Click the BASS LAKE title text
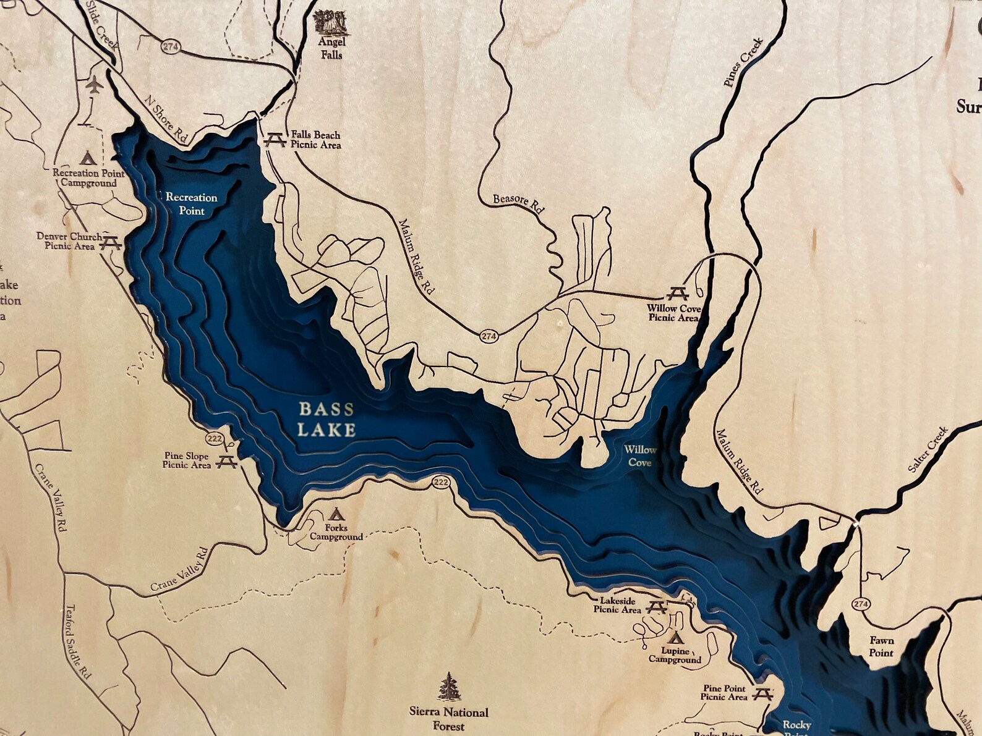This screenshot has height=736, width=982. (327, 419)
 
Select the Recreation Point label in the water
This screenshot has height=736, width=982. (191, 203)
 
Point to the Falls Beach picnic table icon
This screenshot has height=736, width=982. (274, 140)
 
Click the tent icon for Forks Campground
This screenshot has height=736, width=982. (336, 514)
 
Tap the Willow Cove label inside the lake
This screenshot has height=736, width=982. (639, 456)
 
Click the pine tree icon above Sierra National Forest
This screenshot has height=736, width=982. (449, 687)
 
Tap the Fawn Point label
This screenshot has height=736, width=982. (881, 647)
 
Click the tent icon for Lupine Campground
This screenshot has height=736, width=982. (675, 637)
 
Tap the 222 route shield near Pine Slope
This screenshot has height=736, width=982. (215, 439)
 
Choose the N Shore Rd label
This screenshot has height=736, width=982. (165, 119)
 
